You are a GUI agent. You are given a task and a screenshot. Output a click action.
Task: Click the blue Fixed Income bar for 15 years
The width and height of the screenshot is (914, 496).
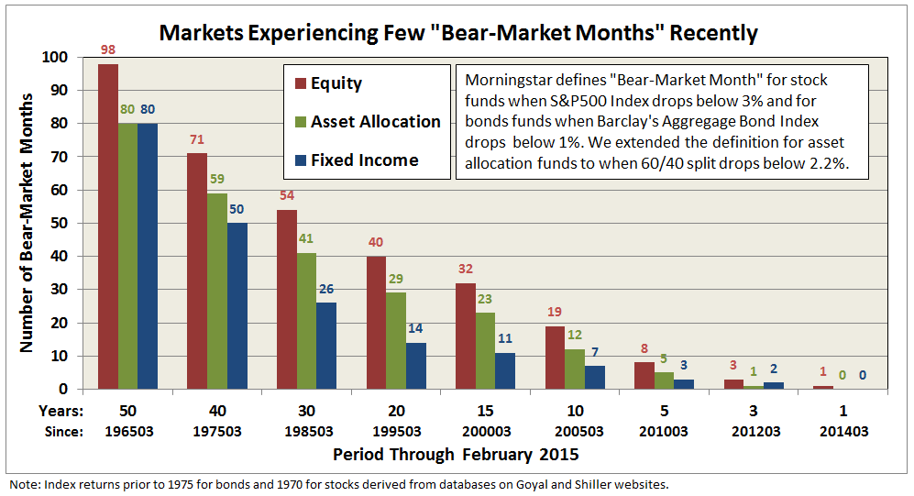(x=503, y=370)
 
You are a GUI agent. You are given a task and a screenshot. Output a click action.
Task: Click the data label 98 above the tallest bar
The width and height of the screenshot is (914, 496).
(x=108, y=48)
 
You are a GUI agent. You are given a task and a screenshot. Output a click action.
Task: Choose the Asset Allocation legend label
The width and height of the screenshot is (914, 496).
(x=375, y=122)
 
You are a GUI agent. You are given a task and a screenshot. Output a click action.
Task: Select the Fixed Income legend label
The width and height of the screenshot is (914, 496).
(x=364, y=160)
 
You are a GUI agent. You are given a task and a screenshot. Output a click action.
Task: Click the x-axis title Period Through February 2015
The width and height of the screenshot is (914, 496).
(x=456, y=454)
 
